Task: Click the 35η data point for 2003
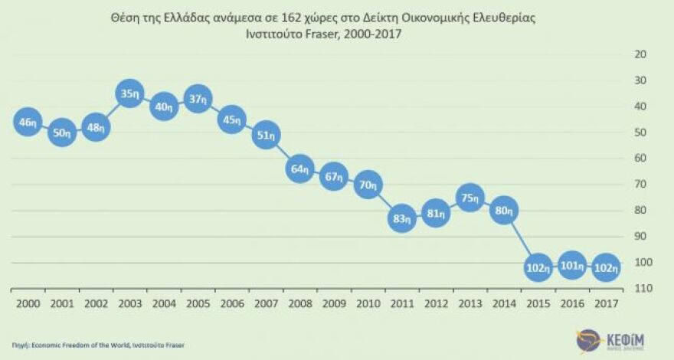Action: (130, 95)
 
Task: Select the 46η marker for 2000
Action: (28, 123)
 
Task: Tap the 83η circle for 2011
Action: (401, 221)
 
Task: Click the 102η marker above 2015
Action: (538, 268)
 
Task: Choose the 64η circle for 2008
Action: (299, 169)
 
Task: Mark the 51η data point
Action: (266, 135)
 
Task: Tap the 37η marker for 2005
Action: (198, 99)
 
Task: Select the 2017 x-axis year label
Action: (606, 303)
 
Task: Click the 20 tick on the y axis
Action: (641, 54)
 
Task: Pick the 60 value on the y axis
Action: (641, 158)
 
